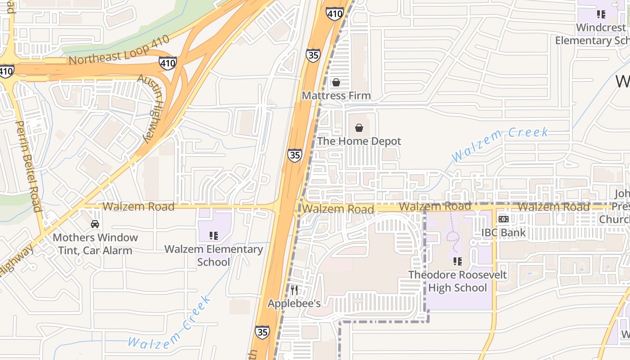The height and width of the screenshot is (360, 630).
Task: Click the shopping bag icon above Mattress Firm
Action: click(336, 82)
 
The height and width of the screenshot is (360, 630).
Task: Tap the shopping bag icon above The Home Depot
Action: click(359, 128)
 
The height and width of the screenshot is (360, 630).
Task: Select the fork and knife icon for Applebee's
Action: click(294, 290)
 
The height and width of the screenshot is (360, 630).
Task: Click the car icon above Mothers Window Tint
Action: click(95, 224)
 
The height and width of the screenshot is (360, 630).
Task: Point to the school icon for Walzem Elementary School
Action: click(214, 235)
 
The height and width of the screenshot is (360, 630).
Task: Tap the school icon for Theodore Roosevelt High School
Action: click(458, 261)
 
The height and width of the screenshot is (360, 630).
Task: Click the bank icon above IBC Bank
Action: click(504, 219)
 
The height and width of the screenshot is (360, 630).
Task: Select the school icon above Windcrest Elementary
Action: click(601, 14)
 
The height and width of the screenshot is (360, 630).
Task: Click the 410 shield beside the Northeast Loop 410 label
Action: click(168, 63)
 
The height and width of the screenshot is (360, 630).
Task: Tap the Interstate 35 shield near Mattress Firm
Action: click(313, 55)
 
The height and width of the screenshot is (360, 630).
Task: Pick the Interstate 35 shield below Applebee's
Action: click(262, 333)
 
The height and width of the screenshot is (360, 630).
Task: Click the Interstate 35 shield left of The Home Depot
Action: click(295, 155)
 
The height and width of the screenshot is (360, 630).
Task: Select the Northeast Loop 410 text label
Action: click(119, 50)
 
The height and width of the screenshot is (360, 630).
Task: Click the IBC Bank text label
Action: click(504, 233)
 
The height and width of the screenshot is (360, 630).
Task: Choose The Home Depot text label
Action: click(359, 141)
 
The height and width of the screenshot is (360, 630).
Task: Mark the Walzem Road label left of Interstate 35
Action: click(138, 207)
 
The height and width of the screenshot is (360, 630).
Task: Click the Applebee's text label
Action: click(294, 303)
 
